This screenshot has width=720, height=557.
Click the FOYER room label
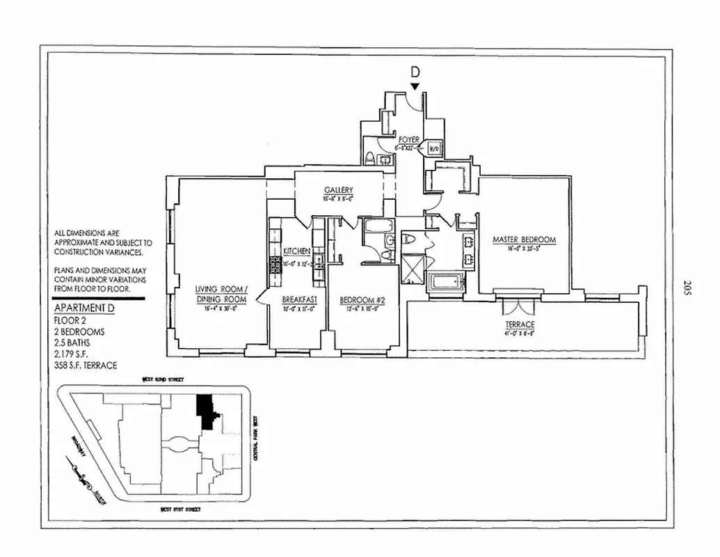(x=408, y=139)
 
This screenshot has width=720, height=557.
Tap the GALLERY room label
(x=339, y=190)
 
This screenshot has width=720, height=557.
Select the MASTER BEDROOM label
(x=524, y=240)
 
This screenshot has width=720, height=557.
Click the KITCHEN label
(x=296, y=251)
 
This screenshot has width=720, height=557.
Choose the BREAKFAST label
(x=300, y=300)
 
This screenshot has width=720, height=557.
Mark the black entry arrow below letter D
(x=415, y=86)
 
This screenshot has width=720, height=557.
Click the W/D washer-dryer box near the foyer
(x=433, y=148)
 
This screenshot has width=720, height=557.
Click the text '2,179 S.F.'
(x=72, y=354)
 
